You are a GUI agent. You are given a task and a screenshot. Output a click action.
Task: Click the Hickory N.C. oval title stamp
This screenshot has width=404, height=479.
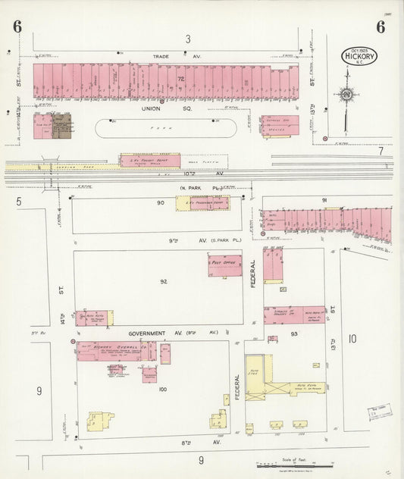coord(359,56)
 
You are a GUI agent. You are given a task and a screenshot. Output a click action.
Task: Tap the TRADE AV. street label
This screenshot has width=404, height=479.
coord(165,56)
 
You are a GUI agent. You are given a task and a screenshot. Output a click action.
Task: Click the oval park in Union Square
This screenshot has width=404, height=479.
coord(166,129)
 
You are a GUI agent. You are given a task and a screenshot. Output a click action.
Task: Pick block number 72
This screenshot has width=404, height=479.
coord(181,79)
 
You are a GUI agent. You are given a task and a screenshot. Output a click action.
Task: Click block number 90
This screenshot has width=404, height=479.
coord(161,203)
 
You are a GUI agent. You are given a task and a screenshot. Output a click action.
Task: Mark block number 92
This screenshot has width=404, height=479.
coord(163,281)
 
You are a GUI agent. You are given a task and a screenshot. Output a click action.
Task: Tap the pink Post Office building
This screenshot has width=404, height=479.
coord(225,265)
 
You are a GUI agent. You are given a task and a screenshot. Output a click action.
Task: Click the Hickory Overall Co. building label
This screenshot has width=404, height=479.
coord(111,346)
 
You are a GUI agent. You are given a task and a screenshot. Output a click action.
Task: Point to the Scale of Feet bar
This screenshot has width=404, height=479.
coord(296,464)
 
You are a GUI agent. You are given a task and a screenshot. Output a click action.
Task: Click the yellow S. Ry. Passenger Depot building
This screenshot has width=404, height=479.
coord(202,203)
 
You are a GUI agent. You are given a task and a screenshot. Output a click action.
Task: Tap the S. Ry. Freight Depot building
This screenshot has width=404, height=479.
coord(150,160)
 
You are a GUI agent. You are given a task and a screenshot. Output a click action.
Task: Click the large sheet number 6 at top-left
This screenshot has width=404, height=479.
coord(17,26)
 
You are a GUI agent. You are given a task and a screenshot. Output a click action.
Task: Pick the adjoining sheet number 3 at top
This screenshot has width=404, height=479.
coord(186,38)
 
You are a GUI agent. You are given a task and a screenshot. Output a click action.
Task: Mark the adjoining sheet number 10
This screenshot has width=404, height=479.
coord(352,339)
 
